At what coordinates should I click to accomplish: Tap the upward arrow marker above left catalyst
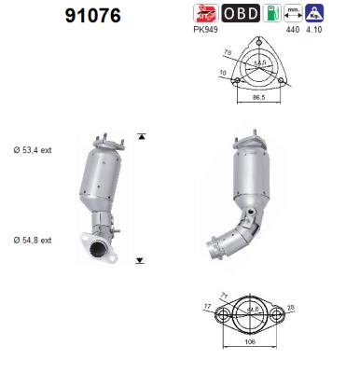click(141, 136)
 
